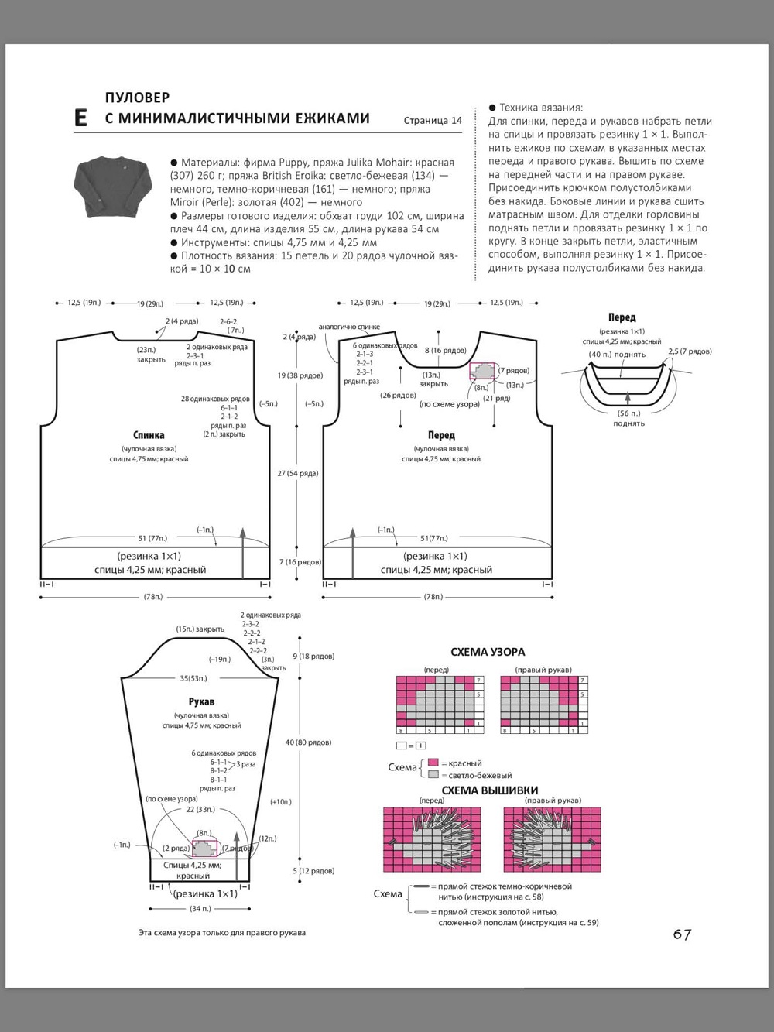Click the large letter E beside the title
(80, 118)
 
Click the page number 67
(682, 934)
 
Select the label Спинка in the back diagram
(149, 435)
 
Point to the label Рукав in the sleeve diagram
(201, 701)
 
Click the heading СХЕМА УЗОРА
(488, 652)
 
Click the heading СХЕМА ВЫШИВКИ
(490, 790)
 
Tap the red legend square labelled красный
(433, 763)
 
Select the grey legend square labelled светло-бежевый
(433, 774)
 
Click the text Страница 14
(433, 120)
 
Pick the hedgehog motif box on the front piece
(482, 372)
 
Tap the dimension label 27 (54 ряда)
(298, 473)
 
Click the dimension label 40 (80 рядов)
(308, 742)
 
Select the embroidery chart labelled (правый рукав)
(552, 839)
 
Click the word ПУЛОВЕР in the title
(137, 98)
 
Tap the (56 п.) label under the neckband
(628, 413)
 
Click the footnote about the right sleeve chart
(222, 933)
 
